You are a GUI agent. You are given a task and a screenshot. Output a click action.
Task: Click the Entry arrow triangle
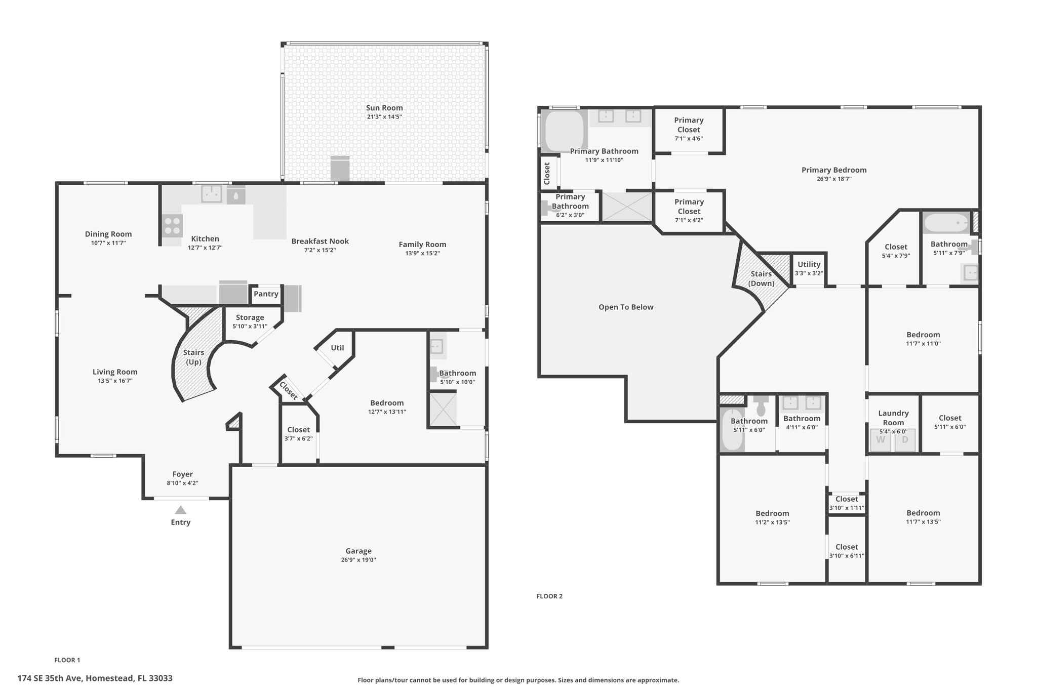[x=181, y=510]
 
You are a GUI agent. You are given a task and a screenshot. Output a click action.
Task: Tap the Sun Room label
[x=384, y=108]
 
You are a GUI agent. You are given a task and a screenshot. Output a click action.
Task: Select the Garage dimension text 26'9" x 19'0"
[x=358, y=560]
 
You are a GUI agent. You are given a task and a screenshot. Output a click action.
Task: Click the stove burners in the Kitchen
[x=173, y=225]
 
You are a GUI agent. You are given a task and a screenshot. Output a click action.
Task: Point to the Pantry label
[x=266, y=294]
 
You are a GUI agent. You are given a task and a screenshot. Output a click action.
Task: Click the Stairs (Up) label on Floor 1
[x=193, y=357]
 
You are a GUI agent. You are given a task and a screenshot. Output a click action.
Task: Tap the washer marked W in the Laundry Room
[x=881, y=440]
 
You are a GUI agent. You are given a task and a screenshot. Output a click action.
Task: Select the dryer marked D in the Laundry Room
[x=905, y=440]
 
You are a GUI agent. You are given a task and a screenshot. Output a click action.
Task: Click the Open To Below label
[x=626, y=307]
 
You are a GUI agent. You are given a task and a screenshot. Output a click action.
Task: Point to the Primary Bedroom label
[x=834, y=170]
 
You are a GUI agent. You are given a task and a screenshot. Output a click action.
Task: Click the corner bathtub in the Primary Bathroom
[x=564, y=131]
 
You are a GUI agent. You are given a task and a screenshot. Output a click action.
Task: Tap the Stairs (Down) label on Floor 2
[x=761, y=278]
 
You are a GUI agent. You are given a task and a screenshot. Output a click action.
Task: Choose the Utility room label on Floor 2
[x=809, y=264]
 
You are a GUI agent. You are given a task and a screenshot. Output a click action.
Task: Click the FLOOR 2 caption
[x=549, y=596]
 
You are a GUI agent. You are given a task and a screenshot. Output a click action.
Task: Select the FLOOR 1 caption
[x=67, y=660]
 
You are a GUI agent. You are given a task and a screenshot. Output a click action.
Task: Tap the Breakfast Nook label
[x=320, y=241]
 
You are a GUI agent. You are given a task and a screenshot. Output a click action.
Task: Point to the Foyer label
[x=182, y=474]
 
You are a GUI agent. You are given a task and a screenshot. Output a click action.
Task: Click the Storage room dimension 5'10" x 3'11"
[x=250, y=327]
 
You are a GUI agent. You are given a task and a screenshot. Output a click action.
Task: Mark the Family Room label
[x=422, y=245]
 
